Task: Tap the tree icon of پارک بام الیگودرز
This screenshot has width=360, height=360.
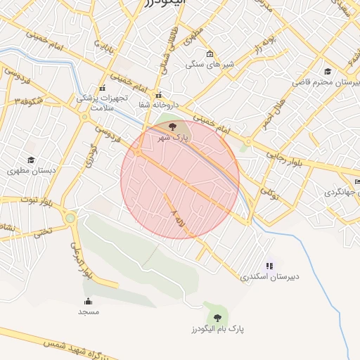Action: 216,317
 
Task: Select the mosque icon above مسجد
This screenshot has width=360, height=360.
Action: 88,301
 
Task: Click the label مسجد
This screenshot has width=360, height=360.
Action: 89,311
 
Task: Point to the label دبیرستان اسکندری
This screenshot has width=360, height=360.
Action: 270,276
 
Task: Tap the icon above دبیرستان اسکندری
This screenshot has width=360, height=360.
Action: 269,266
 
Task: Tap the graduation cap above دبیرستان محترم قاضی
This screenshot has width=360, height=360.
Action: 328,71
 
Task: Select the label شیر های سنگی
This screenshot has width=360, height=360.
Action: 209,64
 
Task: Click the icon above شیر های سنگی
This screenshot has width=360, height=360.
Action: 210,53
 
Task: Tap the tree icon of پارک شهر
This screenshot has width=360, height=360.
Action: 173,126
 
